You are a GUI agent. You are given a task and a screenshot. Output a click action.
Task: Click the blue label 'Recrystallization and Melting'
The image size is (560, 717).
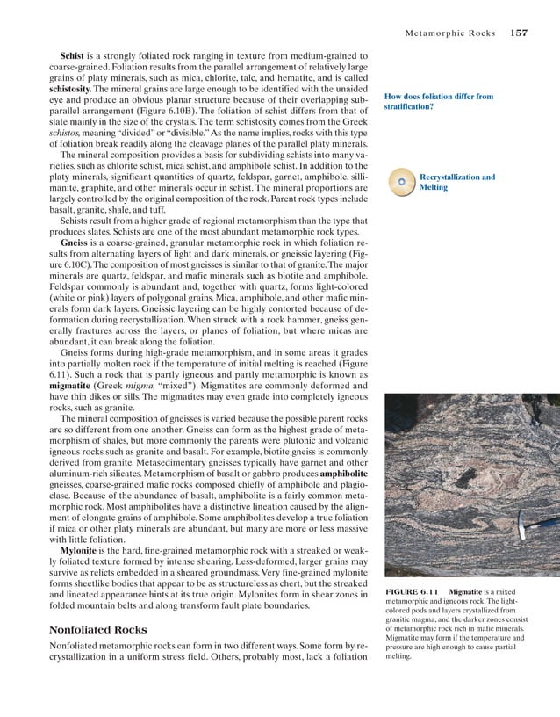456,182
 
